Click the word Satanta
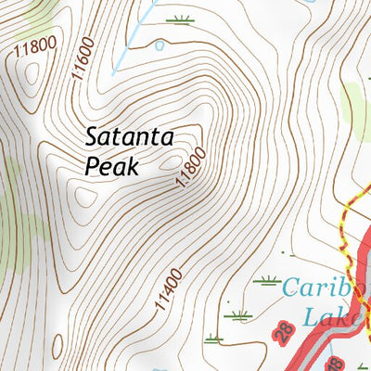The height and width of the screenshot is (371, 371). (x=130, y=137)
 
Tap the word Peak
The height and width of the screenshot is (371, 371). (x=110, y=167)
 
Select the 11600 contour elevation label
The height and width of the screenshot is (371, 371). (x=79, y=70)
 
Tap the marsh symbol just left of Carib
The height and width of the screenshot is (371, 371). (x=270, y=281)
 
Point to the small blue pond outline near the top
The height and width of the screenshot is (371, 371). (x=159, y=43)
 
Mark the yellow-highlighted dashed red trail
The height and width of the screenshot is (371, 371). (x=344, y=232)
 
